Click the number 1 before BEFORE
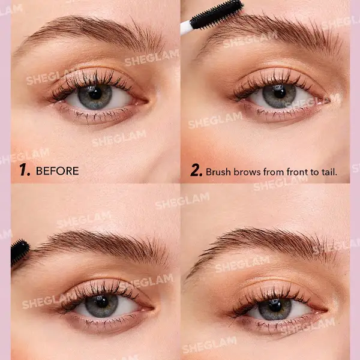25,171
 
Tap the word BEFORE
57,171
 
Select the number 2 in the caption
196,171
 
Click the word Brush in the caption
219,172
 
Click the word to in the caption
317,172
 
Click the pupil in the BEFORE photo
95,94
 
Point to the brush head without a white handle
20,252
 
